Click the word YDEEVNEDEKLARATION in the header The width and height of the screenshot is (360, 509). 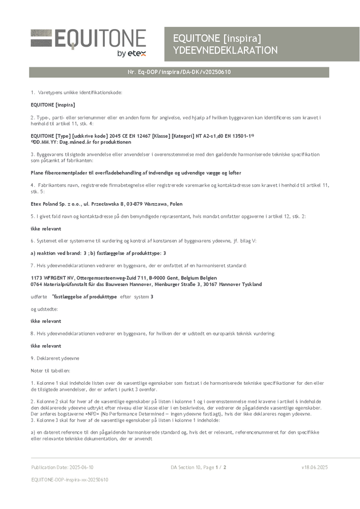[x=225, y=50]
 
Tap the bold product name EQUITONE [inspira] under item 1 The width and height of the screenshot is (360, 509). [x=53, y=104]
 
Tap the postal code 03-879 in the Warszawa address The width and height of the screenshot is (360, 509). [x=130, y=204]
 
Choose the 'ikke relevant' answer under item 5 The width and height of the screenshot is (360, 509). [x=46, y=229]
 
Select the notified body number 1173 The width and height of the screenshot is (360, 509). [x=37, y=278]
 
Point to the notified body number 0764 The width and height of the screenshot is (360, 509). [x=37, y=284]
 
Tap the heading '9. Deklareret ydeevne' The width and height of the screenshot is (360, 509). [x=55, y=358]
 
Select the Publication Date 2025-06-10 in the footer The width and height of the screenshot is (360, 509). [x=62, y=467]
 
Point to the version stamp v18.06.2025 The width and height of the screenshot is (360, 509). [x=314, y=467]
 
